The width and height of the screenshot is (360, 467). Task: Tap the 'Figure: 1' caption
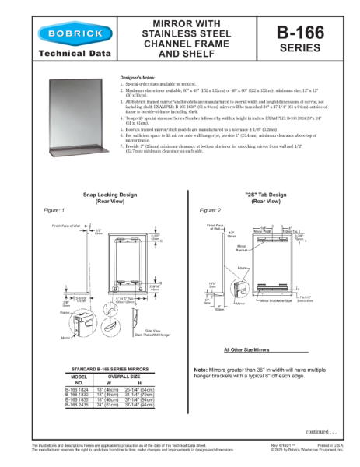(x=54, y=211)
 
